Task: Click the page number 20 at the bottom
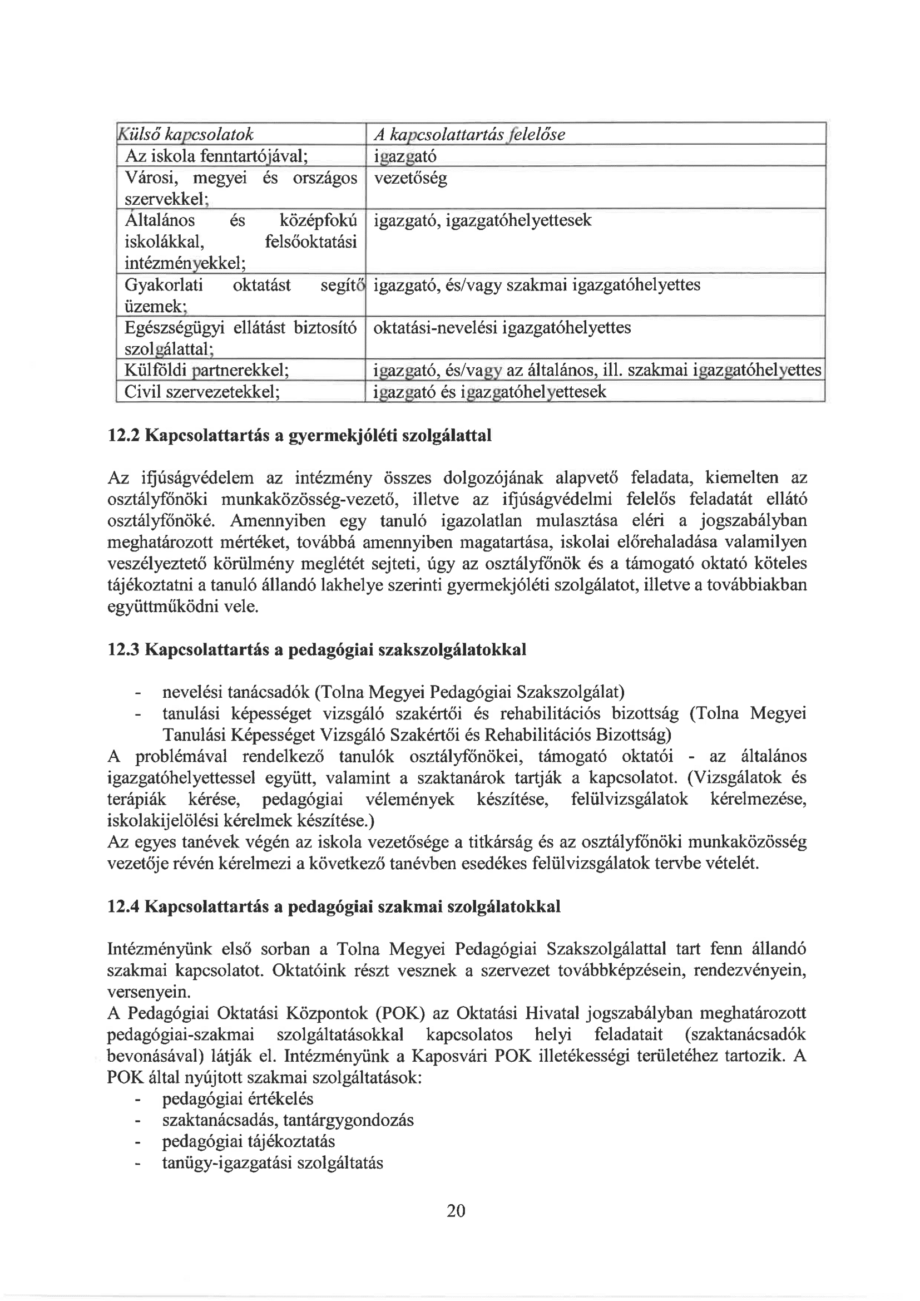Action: coord(456,1211)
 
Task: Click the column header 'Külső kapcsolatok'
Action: coord(185,134)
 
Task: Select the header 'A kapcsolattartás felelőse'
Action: coord(469,134)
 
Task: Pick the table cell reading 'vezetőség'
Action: coord(410,179)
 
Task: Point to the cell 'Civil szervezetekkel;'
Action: coord(202,392)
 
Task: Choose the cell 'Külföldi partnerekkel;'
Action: coord(207,371)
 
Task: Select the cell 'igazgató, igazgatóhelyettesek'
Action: coord(483,220)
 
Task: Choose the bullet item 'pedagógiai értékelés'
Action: coord(238,1099)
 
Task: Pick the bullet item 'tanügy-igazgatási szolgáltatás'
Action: coord(273,1164)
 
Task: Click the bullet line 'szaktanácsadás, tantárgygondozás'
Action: coord(288,1120)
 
